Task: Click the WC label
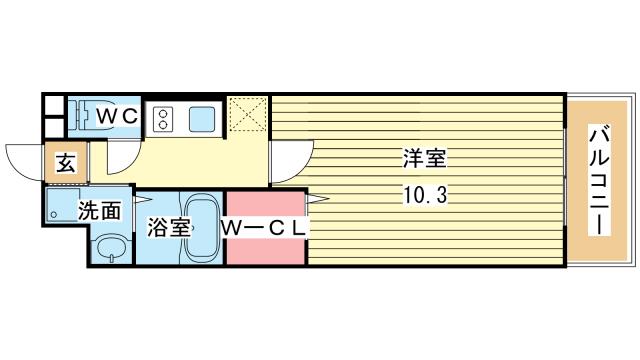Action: coord(117,117)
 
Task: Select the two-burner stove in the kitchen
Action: coord(163,119)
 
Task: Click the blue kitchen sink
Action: coord(202,119)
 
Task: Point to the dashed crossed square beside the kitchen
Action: coord(247,114)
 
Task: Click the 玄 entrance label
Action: coord(66,163)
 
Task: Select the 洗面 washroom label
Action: coord(100,210)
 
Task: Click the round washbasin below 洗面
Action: coord(112,248)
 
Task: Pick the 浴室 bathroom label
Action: coord(169,227)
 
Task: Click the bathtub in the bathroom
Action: coord(203,227)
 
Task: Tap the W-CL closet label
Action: coord(264,228)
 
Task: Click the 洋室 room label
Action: coord(425,158)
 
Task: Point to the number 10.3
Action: coord(425,195)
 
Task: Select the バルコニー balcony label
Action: coord(599,180)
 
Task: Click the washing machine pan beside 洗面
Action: coord(62,205)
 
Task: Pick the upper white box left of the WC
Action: coord(54,105)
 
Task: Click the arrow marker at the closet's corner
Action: coord(318,199)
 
